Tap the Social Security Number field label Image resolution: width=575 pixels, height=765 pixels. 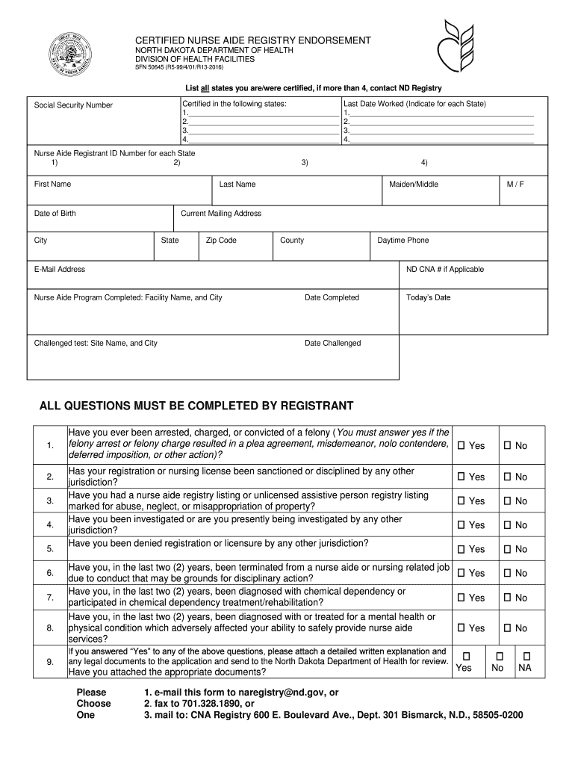(x=73, y=105)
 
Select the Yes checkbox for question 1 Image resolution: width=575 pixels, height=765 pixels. (x=461, y=446)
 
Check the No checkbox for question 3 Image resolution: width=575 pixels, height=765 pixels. (x=507, y=501)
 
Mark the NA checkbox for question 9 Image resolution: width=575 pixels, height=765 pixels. (x=525, y=655)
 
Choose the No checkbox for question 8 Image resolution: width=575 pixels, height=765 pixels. (x=507, y=628)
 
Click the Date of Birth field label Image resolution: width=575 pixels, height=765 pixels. (x=55, y=214)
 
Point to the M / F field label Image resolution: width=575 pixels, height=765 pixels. (x=515, y=185)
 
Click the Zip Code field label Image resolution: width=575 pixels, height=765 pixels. (x=221, y=241)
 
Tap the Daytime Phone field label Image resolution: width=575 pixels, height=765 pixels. (x=402, y=241)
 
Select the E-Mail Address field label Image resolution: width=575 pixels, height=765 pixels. (x=60, y=270)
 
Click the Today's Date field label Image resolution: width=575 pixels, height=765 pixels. (x=428, y=298)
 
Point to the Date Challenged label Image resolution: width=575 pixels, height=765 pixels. (x=332, y=344)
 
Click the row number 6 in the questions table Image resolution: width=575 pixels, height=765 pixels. (x=49, y=573)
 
